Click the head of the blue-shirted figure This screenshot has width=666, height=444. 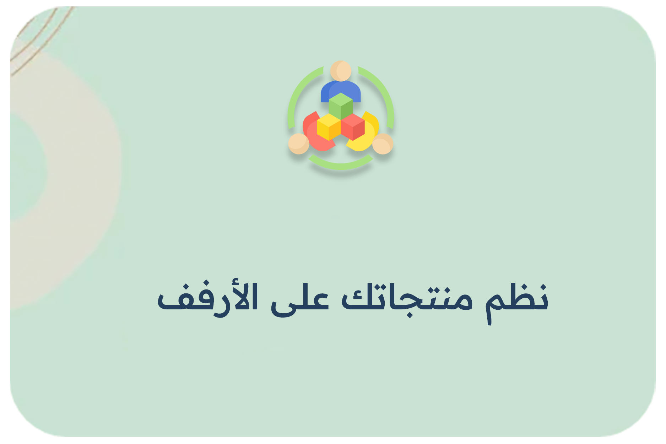[x=341, y=71]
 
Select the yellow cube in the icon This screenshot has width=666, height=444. [x=329, y=127]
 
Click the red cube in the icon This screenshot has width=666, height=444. [x=353, y=127]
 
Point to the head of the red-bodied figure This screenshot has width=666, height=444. [x=298, y=144]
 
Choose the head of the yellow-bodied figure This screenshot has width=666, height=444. [x=383, y=144]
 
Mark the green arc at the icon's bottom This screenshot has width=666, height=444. [x=341, y=165]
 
